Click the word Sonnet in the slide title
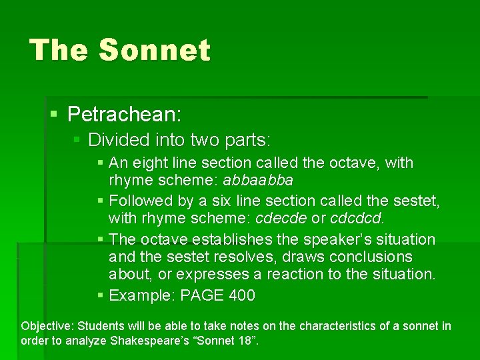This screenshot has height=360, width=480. tap(155, 51)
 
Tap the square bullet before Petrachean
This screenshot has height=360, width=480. tap(55, 115)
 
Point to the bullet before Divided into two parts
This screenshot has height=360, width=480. tap(77, 141)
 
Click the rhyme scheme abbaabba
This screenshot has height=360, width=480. tap(258, 181)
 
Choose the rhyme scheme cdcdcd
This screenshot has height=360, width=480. tap(356, 219)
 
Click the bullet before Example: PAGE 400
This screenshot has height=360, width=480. tap(100, 296)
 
